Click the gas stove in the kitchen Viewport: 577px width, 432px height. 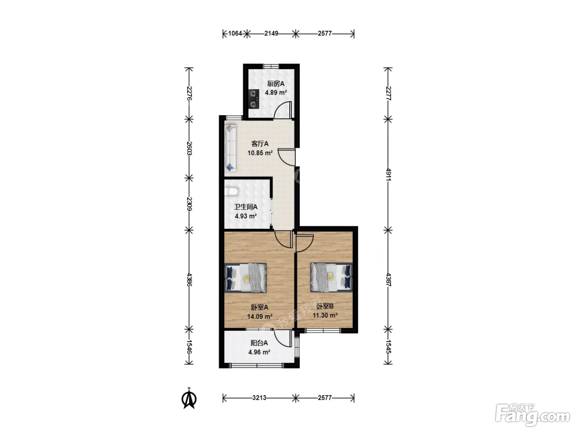coord(253,99)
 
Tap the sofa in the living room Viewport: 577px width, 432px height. coord(230,148)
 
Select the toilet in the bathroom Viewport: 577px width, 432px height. coord(232,191)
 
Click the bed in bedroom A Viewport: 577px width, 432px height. coord(246,277)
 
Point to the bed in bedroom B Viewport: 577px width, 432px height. coord(331,277)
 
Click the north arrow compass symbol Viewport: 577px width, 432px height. coord(189,398)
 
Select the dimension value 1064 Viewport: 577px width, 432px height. coord(235,33)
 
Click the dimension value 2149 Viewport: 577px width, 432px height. coord(271,33)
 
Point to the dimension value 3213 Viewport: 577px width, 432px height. coord(259,398)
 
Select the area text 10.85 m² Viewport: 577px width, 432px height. coord(260,153)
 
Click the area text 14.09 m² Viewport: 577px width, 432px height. coord(260,316)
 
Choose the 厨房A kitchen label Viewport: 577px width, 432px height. coord(276,84)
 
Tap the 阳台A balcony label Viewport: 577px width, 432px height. coord(259,343)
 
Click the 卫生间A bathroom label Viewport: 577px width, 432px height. coord(246,207)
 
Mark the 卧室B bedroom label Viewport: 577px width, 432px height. coord(325,306)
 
